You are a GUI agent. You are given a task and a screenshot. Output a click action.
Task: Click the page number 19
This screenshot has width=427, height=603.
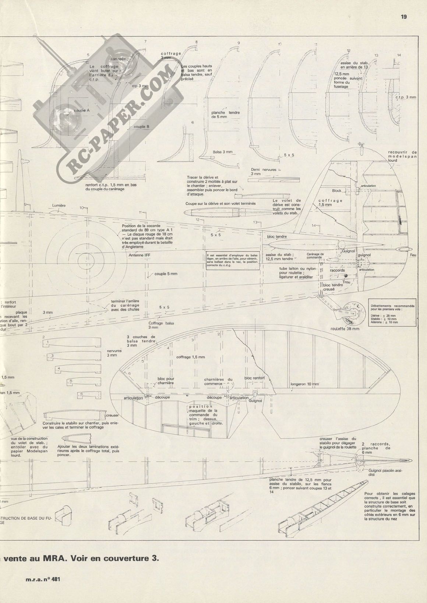404,17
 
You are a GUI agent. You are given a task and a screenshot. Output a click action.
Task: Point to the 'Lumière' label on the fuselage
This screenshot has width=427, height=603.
59,205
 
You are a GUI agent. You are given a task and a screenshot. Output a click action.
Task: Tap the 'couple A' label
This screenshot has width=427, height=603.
82,110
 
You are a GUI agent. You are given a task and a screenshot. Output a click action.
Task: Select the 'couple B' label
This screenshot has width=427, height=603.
141,127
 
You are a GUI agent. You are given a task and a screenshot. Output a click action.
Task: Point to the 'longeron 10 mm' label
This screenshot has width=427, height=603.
304,384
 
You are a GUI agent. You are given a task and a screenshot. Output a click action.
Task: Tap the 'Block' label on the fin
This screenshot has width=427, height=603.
336,191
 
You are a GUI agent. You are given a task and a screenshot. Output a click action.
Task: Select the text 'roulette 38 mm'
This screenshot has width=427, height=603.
345,329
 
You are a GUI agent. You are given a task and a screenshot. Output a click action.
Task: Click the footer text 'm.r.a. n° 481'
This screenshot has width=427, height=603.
43,579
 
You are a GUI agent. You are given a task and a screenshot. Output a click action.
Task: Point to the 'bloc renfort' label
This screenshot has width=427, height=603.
254,378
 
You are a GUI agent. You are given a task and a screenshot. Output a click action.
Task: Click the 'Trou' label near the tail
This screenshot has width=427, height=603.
346,282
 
